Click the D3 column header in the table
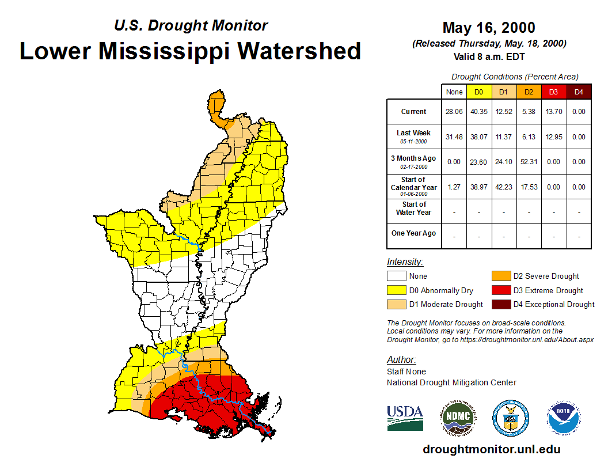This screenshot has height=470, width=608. click(553, 92)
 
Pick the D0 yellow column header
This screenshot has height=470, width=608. click(478, 92)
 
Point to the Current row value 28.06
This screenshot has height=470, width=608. click(454, 112)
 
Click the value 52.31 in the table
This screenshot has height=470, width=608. click(529, 162)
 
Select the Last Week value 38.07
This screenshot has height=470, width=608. click(478, 137)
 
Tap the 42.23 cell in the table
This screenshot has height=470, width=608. click(504, 187)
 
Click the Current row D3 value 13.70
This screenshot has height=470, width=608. click(553, 112)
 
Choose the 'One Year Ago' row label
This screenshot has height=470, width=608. click(413, 233)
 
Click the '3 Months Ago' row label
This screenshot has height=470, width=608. click(413, 158)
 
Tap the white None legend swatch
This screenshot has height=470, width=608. click(397, 276)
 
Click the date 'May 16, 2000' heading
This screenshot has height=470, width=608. click(489, 28)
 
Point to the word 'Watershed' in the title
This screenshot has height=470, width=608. click(299, 51)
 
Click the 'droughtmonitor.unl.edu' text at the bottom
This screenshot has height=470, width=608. click(491, 449)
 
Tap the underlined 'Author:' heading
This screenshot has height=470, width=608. click(401, 360)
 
